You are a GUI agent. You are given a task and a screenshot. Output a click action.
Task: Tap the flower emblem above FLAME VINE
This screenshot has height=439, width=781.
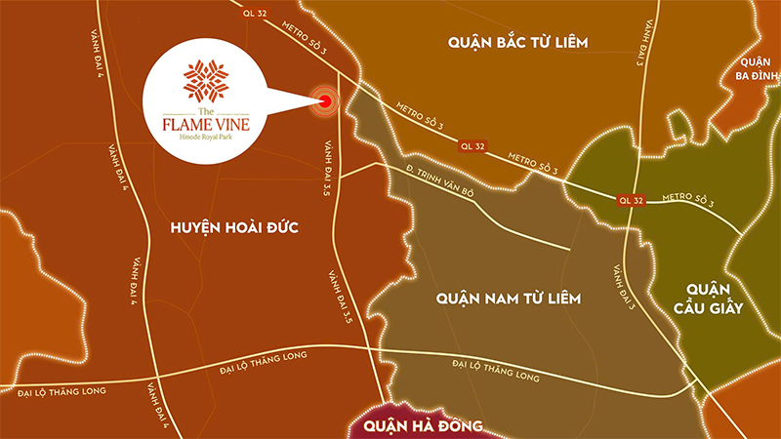pos(205,81)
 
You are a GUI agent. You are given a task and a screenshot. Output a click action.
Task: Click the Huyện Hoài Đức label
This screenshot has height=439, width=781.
pos(220,227)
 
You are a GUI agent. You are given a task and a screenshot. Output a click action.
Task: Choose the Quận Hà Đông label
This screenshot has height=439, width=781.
pos(422,425)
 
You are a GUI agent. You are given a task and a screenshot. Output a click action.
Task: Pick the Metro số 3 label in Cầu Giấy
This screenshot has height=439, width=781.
pos(688,202)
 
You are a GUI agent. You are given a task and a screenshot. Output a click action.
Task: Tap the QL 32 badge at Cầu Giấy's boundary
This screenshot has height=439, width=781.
pos(631,200)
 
